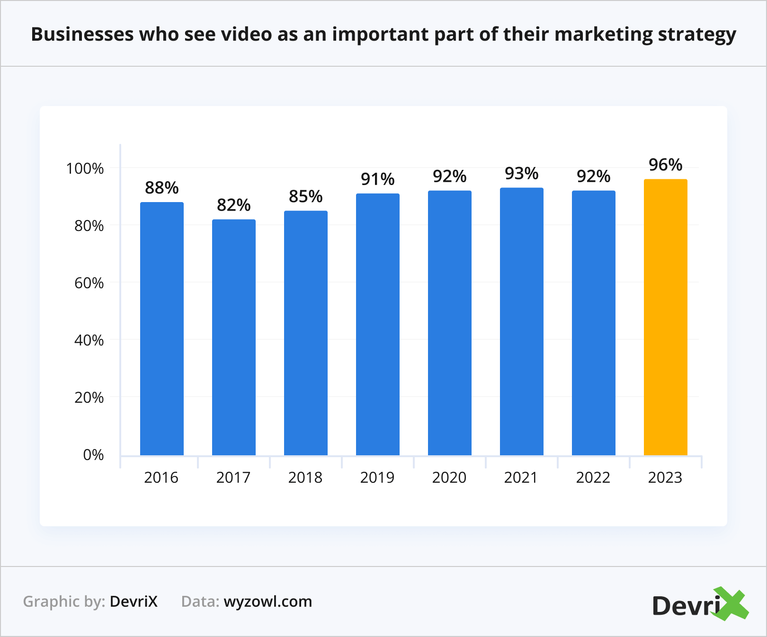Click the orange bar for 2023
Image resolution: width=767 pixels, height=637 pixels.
[665, 317]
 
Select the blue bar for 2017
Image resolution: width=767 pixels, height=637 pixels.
[233, 337]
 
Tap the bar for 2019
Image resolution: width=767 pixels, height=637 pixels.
[377, 324]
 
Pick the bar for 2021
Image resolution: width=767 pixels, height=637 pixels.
[521, 321]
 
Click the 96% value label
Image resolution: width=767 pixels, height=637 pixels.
[665, 165]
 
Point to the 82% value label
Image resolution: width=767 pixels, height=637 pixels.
[233, 205]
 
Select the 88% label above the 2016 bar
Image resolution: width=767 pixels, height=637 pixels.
[161, 188]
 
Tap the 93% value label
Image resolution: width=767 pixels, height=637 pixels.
[521, 174]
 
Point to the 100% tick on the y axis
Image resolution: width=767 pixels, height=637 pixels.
[85, 168]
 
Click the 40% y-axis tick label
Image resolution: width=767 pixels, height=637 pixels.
[89, 340]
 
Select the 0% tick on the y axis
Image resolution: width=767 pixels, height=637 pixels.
[93, 455]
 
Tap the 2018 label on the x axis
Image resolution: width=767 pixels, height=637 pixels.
[305, 478]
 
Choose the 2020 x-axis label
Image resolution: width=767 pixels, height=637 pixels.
[449, 478]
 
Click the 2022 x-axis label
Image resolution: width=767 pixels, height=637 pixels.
[593, 478]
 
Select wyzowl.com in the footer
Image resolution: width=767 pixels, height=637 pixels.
[268, 602]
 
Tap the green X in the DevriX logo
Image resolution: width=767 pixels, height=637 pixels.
[731, 604]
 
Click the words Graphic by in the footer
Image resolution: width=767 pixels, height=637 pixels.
[64, 602]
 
